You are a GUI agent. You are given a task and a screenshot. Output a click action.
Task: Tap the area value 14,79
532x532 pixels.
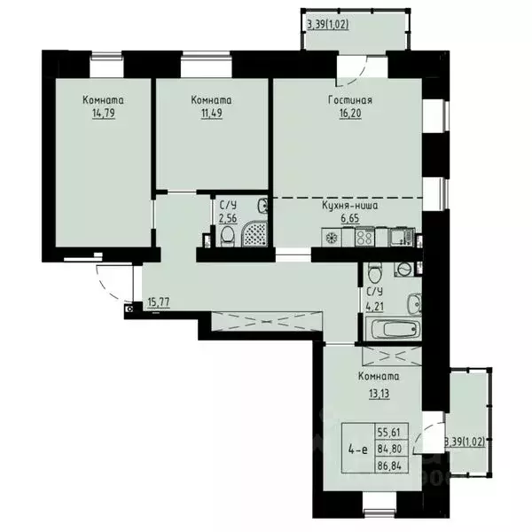(104, 113)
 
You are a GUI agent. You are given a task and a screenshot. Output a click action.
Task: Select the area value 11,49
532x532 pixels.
(212, 113)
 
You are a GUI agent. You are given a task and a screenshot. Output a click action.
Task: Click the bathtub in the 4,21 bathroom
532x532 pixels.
(391, 329)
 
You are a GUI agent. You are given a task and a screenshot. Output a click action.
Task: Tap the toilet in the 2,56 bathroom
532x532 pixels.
(227, 235)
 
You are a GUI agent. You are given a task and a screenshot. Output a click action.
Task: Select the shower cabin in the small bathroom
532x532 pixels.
(254, 233)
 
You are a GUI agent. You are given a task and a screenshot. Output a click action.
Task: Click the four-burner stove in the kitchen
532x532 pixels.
(364, 237)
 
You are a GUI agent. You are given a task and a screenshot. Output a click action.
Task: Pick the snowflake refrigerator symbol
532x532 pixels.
(332, 237)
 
